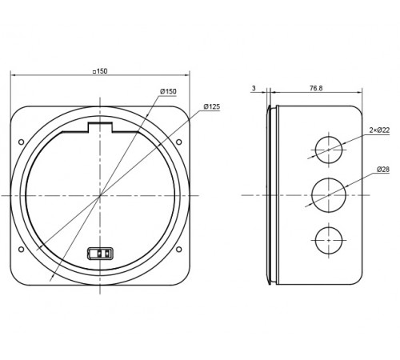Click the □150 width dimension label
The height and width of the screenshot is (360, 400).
100,71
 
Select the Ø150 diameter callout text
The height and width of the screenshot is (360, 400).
168,91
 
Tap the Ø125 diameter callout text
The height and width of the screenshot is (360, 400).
212,106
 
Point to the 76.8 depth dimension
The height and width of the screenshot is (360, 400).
316,88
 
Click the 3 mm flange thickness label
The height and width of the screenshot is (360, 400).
254,88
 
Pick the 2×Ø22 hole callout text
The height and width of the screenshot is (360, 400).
379,130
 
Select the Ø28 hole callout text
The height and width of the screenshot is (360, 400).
383,170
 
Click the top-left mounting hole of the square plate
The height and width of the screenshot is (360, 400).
21,142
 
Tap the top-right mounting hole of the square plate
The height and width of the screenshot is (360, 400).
179,142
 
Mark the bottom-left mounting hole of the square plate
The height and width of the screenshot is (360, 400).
21,250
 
